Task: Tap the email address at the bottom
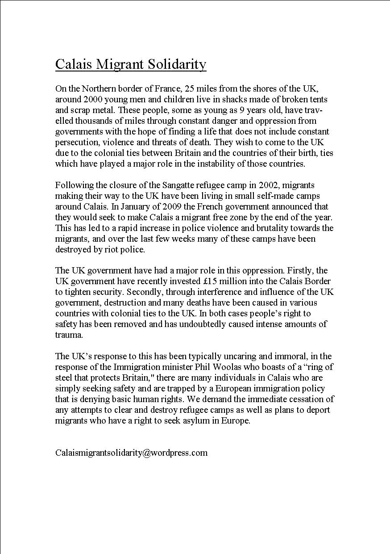(131, 453)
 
